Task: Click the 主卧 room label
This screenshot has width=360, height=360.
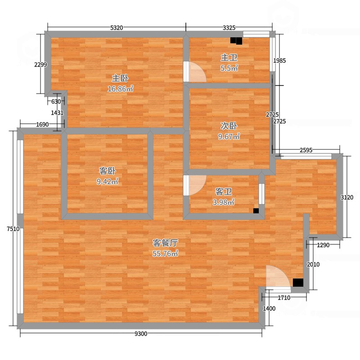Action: tap(120, 78)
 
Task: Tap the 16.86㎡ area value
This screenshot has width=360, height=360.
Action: tap(120, 89)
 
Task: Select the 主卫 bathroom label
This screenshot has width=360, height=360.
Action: tap(229, 58)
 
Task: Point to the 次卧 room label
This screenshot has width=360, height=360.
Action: tap(229, 126)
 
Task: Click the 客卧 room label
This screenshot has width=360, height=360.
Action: tap(107, 171)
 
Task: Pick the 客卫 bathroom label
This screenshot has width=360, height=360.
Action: tap(223, 192)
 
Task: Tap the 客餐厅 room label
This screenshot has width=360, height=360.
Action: tap(165, 243)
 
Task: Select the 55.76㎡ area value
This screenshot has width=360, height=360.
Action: tap(165, 253)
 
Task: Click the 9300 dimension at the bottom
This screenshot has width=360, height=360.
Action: tap(141, 334)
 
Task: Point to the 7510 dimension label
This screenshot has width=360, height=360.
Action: tap(13, 229)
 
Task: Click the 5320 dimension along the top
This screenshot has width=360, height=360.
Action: tap(117, 28)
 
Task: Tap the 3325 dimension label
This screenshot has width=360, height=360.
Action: tap(229, 28)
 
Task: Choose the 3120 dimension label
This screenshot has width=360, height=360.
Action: tap(347, 197)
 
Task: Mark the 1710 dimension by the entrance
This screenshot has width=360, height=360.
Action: tap(284, 298)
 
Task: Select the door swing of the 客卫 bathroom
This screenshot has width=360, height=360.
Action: tap(197, 185)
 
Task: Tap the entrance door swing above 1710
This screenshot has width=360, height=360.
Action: tap(278, 276)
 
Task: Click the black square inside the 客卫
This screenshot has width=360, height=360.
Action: tap(256, 211)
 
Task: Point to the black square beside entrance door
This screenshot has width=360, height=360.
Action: tap(298, 283)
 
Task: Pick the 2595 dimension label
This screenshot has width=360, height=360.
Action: tap(306, 150)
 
